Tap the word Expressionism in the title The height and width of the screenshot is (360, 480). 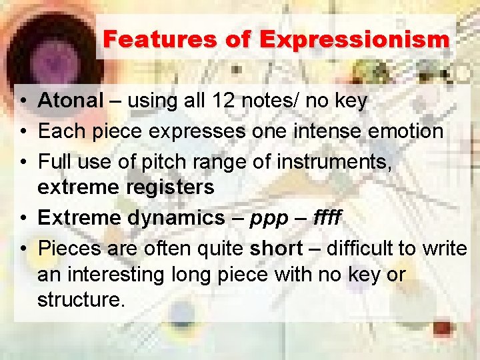point(355,39)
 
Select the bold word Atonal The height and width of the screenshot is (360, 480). point(71,101)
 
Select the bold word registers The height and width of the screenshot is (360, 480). point(169,187)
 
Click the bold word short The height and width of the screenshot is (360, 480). point(276,248)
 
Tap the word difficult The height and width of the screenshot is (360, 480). point(361,248)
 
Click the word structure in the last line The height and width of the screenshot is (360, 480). point(81,299)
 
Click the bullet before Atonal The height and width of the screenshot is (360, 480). point(23,101)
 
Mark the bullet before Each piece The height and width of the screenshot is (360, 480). point(23,131)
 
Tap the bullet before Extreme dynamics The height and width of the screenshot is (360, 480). point(23,218)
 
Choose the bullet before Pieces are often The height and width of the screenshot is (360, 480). point(23,249)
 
